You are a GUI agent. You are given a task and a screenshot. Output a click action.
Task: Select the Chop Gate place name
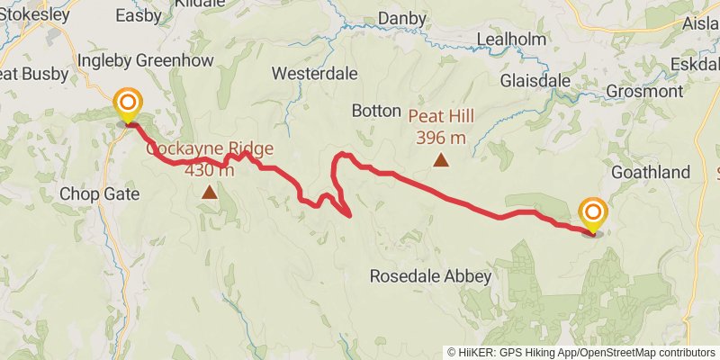pos(99,193)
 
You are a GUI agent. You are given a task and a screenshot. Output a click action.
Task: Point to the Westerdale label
pos(315,73)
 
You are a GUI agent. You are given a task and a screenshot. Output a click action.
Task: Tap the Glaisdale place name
pos(535,81)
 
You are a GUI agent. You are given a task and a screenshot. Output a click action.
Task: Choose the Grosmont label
pos(643,91)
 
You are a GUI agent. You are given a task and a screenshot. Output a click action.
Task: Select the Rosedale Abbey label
pos(431,276)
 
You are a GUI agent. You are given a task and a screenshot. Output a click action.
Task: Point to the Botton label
pos(375,111)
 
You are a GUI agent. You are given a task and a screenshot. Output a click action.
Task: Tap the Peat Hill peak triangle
pos(441,160)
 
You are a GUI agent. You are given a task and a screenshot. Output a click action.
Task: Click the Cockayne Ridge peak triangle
pos(210,192)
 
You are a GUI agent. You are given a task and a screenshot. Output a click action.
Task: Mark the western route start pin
pos(128,102)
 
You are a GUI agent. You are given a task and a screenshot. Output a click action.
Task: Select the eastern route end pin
pos(593,212)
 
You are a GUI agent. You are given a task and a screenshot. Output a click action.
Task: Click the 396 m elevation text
pos(441,138)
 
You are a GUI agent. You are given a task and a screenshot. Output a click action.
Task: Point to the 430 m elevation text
pos(210,170)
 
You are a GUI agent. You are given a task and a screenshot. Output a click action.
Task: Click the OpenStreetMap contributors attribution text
pos(650,352)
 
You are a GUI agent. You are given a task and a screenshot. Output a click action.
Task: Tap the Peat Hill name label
pos(441,116)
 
